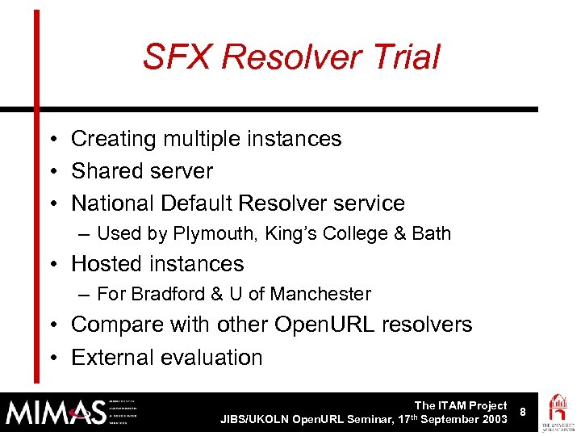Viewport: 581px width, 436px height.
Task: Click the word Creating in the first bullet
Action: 113,139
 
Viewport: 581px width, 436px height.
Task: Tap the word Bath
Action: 431,234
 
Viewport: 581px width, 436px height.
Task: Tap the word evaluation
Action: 215,357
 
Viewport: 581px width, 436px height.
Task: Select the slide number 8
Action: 523,412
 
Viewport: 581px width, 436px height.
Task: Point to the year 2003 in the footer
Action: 493,420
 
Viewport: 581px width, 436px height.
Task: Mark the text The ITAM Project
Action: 461,405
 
